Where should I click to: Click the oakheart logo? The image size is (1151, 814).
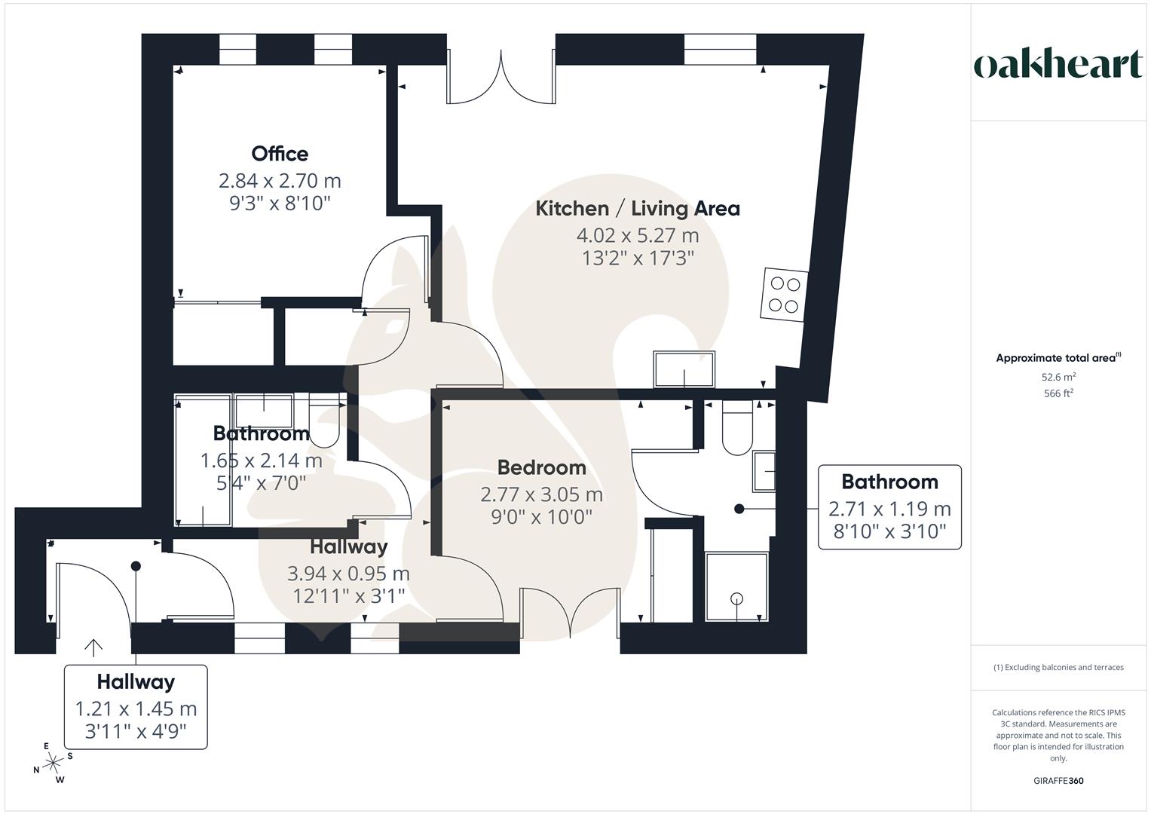tap(1058, 65)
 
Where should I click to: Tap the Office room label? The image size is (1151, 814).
tap(280, 154)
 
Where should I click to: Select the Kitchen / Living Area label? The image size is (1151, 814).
tap(637, 209)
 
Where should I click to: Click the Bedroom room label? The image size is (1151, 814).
tap(541, 468)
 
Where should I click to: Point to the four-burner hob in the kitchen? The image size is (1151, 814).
tap(784, 295)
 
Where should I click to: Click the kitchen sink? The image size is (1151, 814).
tap(684, 370)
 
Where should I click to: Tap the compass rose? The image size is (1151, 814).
tap(53, 764)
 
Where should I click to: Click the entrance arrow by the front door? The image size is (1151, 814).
tap(93, 647)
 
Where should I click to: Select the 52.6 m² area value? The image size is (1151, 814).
tap(1058, 377)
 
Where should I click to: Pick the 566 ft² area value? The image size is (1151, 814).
tap(1058, 393)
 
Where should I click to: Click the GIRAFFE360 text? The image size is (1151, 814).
tap(1058, 781)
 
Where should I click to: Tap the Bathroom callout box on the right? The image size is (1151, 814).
tap(889, 506)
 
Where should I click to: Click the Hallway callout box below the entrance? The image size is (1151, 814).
tap(136, 706)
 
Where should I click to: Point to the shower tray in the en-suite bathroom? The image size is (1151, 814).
tap(736, 587)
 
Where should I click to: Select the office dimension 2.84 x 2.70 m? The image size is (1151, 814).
tap(280, 181)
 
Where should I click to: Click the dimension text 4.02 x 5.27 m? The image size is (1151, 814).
tap(637, 236)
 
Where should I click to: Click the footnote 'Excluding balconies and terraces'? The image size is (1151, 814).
tap(1058, 667)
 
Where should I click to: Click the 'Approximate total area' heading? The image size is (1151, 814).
tap(1058, 358)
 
